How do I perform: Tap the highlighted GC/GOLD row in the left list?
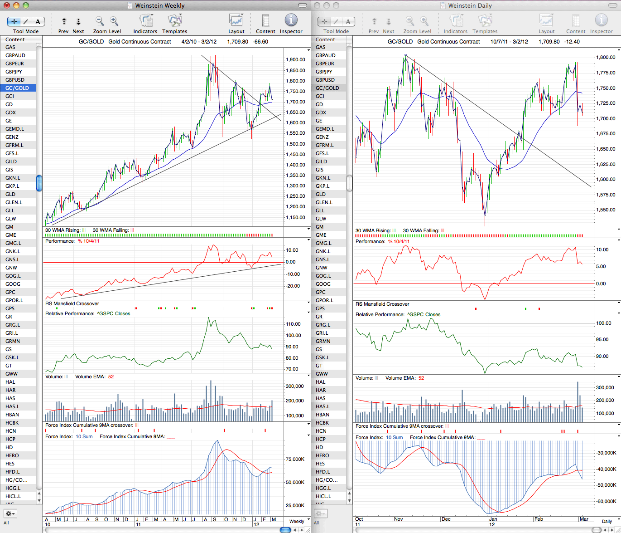(18, 88)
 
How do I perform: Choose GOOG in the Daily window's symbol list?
(323, 284)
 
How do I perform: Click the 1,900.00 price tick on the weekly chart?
(295, 59)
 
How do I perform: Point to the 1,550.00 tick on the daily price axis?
(606, 210)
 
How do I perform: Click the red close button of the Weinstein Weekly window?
(7, 5)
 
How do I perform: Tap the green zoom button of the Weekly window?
(26, 5)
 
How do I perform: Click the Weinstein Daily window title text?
(470, 5)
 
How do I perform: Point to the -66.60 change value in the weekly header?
(260, 42)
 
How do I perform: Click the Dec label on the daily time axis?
(446, 519)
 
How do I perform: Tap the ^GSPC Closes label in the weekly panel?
(114, 313)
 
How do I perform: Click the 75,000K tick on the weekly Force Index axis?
(295, 459)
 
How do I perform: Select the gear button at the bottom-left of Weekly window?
(10, 513)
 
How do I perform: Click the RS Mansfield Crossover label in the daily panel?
(382, 304)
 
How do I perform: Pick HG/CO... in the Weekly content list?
(16, 480)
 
